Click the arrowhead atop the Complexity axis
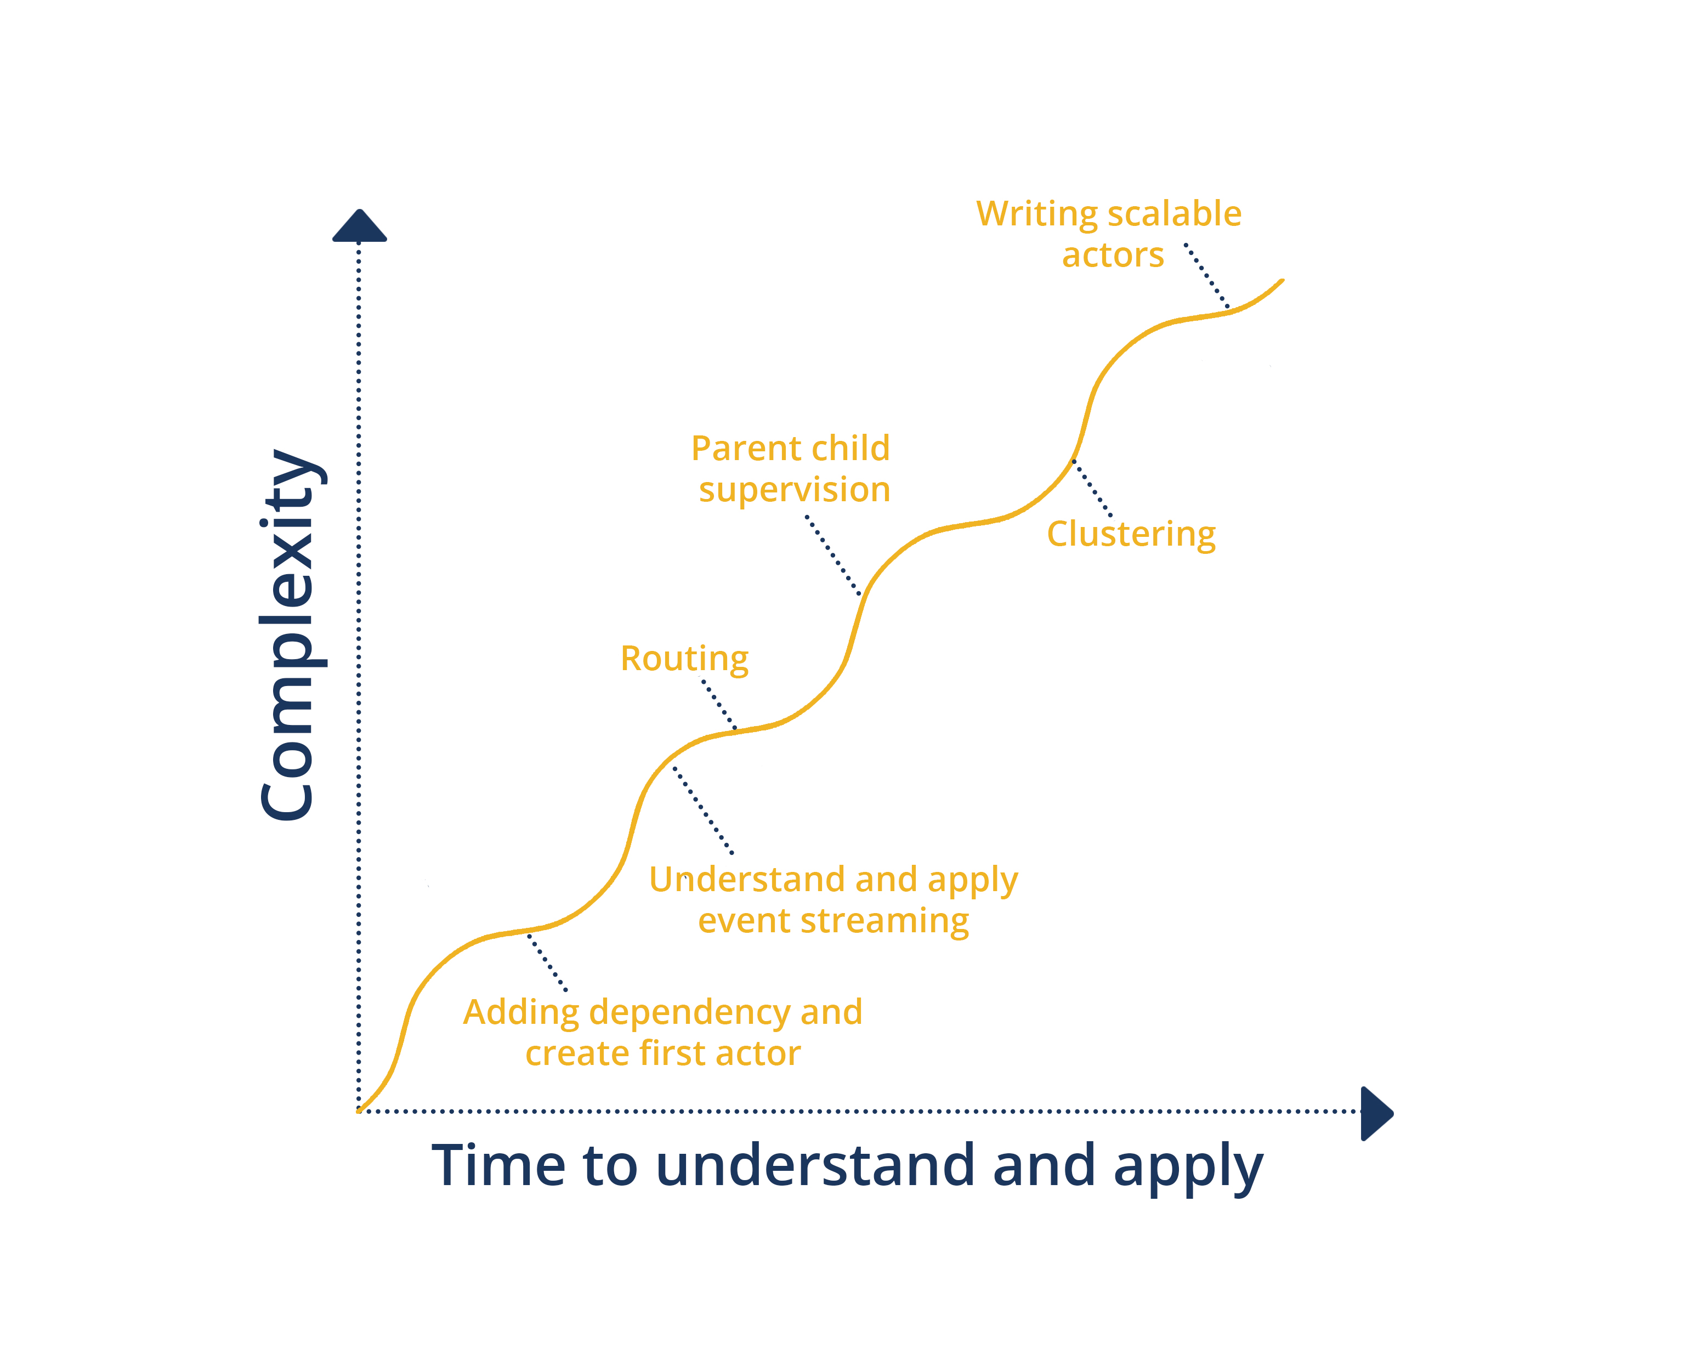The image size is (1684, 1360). (x=360, y=225)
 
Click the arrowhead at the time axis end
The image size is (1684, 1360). (x=1376, y=1113)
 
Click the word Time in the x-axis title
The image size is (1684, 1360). (x=499, y=1166)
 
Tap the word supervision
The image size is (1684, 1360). (x=794, y=490)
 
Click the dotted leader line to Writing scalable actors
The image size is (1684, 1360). (x=1207, y=276)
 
